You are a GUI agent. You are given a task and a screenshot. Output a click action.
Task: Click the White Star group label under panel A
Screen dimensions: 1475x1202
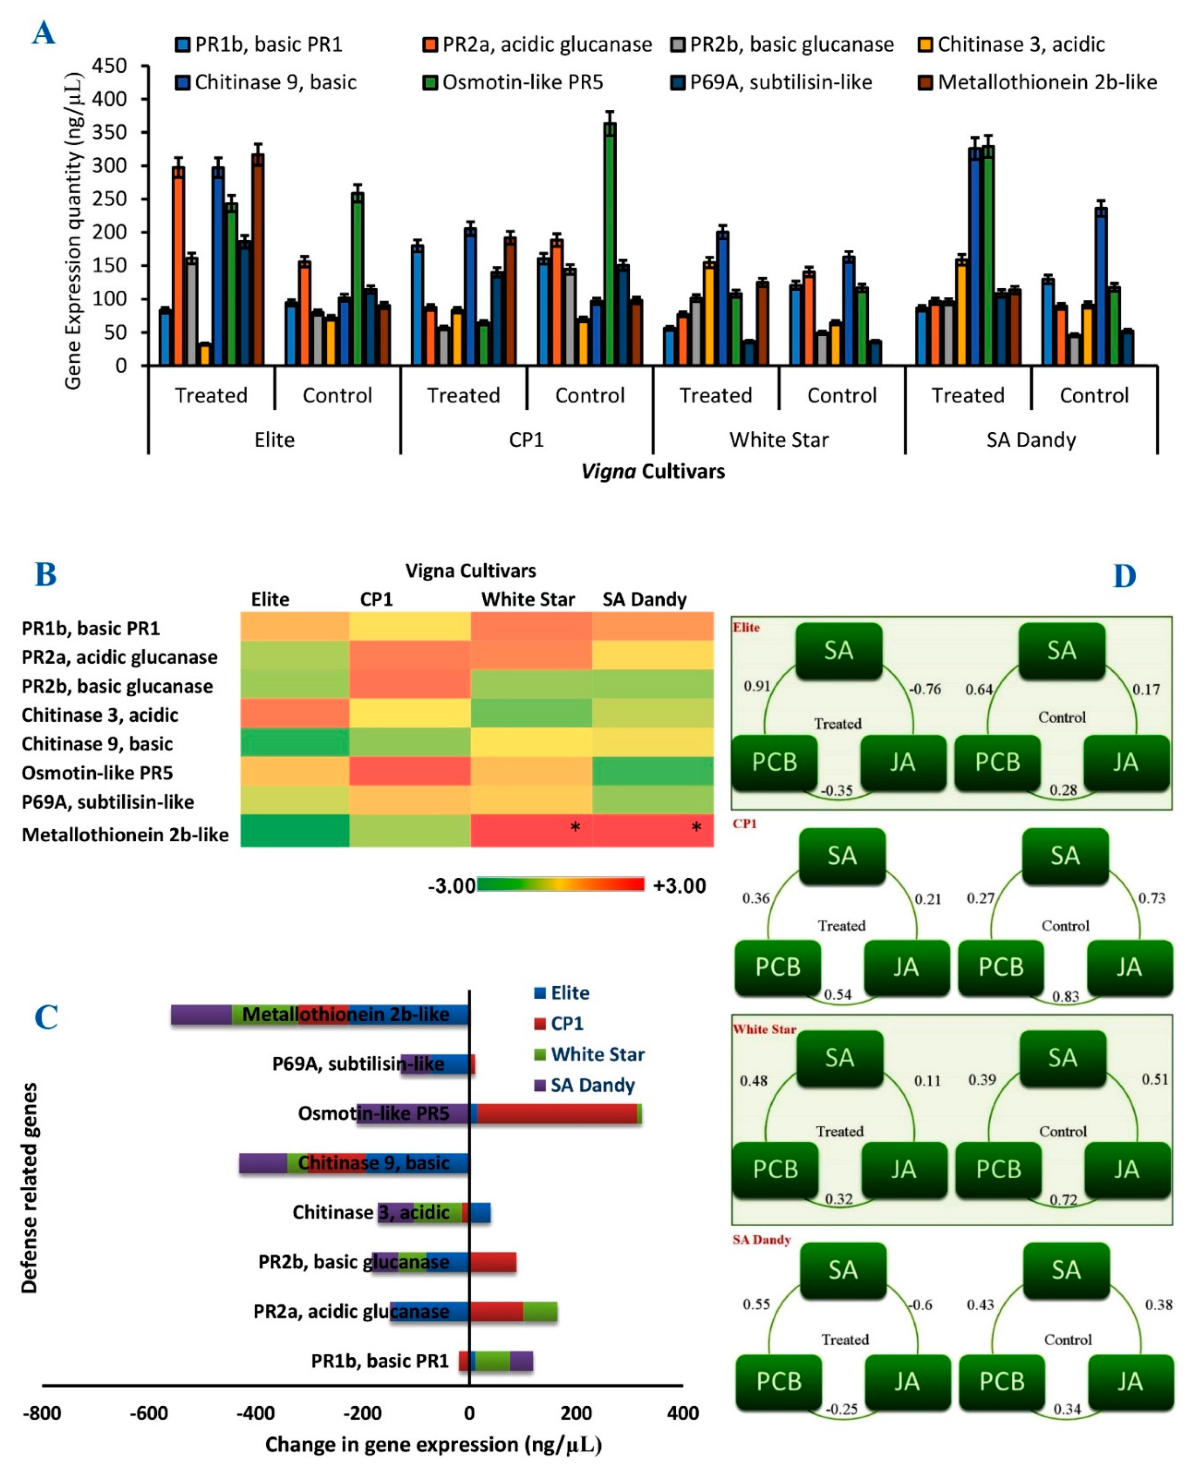778,440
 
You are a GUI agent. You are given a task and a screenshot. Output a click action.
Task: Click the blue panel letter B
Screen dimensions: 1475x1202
46,574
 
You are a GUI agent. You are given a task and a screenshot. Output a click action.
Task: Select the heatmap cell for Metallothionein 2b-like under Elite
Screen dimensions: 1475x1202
294,830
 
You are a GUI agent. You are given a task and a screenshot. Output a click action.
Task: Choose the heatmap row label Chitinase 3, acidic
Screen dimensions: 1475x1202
100,715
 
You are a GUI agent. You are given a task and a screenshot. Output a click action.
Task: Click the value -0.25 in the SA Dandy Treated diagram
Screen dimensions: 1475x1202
841,1408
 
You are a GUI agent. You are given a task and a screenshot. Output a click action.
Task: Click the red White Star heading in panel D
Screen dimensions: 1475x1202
764,1029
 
